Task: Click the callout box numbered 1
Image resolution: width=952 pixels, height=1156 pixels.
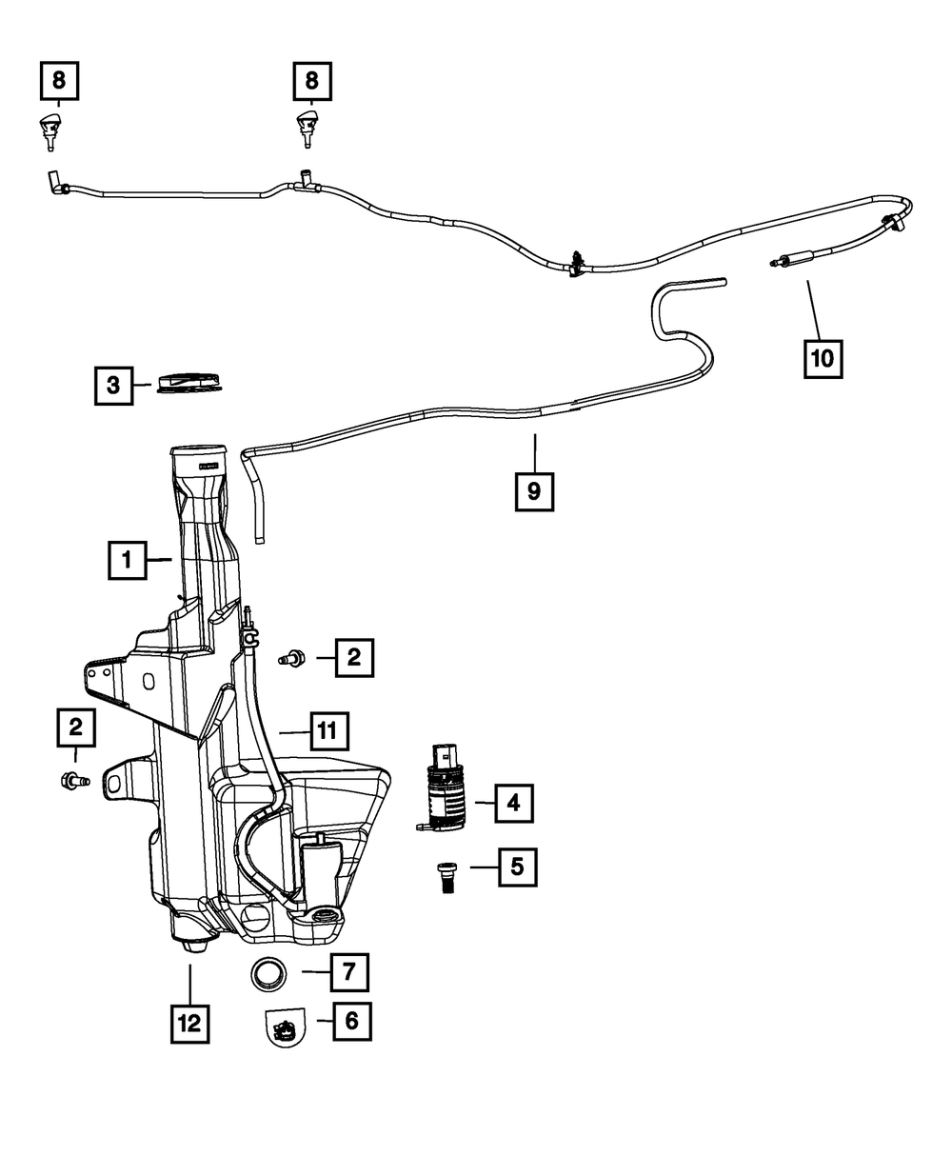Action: pyautogui.click(x=127, y=561)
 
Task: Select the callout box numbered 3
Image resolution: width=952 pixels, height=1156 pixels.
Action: pyautogui.click(x=113, y=386)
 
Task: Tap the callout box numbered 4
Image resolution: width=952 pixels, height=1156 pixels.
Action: pyautogui.click(x=513, y=804)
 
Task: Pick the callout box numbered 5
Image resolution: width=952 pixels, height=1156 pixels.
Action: pyautogui.click(x=517, y=867)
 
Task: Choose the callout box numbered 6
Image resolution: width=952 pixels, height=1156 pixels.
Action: pyautogui.click(x=351, y=1022)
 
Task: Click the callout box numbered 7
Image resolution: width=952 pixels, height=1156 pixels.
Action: pyautogui.click(x=348, y=972)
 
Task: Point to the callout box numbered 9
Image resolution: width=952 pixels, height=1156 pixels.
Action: pyautogui.click(x=534, y=491)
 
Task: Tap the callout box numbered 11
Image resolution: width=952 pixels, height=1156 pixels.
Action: pyautogui.click(x=327, y=731)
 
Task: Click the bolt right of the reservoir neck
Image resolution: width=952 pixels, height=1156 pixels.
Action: pyautogui.click(x=291, y=656)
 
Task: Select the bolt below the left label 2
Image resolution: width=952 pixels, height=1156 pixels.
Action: pyautogui.click(x=73, y=781)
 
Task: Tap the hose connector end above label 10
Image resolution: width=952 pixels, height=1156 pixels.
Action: pyautogui.click(x=788, y=258)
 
